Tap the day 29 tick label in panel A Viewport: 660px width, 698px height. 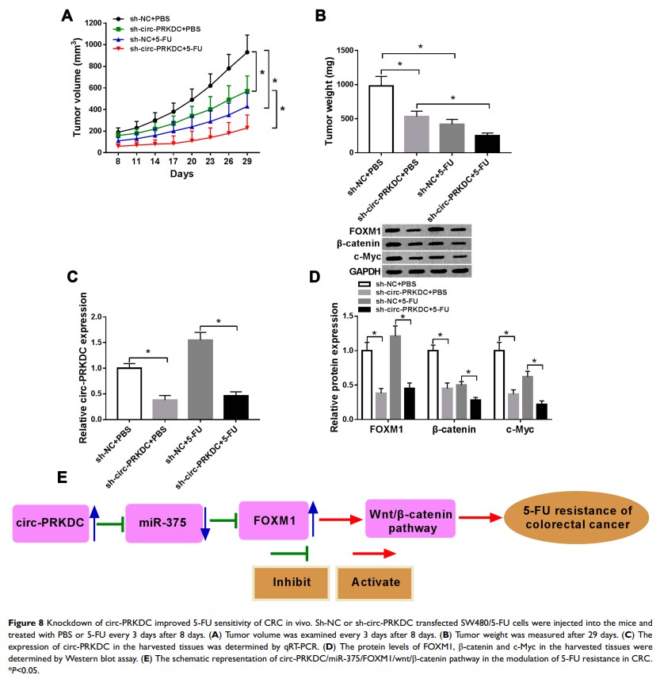pos(247,161)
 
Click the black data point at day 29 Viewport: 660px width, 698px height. pos(247,52)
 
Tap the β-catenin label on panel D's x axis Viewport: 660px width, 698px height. pos(455,430)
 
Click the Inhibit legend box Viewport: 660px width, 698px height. pos(291,581)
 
